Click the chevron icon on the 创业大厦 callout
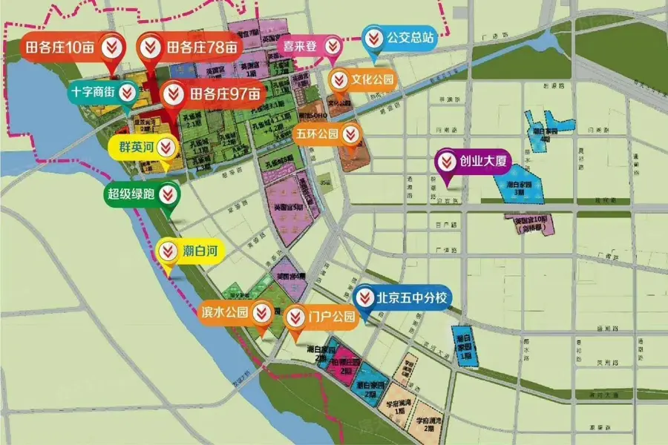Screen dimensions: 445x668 coord(447,160)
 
